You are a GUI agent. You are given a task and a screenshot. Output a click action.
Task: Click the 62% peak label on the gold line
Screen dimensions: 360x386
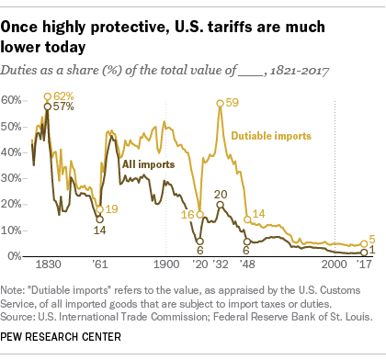63,96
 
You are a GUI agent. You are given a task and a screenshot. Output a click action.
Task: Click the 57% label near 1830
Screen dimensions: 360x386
63,107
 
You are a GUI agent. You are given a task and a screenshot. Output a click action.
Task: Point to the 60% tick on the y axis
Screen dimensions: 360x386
16,98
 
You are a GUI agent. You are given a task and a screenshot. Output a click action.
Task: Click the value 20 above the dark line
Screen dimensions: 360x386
221,194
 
